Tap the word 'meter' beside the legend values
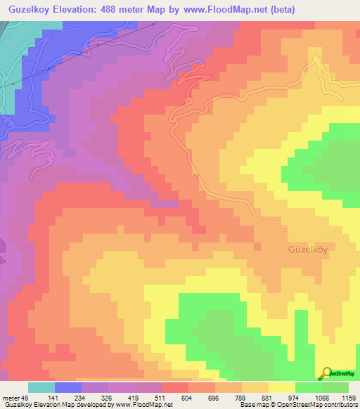coord(11,398)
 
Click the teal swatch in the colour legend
coord(41,387)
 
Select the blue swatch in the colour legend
coord(67,387)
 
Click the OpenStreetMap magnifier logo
coord(326,372)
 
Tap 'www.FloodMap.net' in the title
coord(223,9)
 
